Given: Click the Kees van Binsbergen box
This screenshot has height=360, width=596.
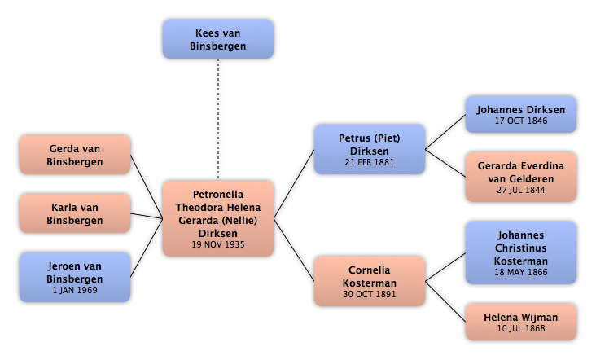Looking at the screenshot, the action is click(218, 39).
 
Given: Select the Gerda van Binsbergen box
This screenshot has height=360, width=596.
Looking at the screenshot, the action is click(75, 155).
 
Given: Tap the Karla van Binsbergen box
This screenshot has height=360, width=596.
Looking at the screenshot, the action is click(75, 213).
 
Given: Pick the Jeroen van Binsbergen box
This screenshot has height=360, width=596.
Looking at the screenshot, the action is click(75, 277).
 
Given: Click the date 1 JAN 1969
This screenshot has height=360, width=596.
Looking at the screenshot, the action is click(75, 290).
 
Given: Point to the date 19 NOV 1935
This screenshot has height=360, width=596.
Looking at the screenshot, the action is click(218, 244).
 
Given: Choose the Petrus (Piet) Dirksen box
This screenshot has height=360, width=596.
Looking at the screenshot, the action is click(370, 149).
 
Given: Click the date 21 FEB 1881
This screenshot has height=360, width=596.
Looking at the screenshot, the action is click(370, 162).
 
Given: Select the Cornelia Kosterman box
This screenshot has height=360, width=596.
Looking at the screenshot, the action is click(370, 281).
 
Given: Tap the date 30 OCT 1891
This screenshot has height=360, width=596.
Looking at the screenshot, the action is click(370, 294).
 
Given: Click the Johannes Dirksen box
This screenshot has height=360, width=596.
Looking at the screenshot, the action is click(521, 114).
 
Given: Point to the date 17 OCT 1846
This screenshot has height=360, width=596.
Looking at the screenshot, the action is click(521, 121).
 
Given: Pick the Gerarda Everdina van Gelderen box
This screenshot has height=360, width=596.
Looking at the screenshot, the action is click(521, 177).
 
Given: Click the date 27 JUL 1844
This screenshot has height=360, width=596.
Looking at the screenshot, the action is click(521, 190).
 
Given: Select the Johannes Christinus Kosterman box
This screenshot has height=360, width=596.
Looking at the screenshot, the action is click(521, 252).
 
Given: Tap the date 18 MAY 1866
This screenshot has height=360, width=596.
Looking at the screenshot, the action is click(521, 272).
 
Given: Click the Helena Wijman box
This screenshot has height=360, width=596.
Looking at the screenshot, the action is click(521, 322).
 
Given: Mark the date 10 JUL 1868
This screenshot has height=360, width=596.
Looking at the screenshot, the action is click(521, 328).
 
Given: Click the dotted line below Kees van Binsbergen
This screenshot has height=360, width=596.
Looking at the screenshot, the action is click(218, 119).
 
